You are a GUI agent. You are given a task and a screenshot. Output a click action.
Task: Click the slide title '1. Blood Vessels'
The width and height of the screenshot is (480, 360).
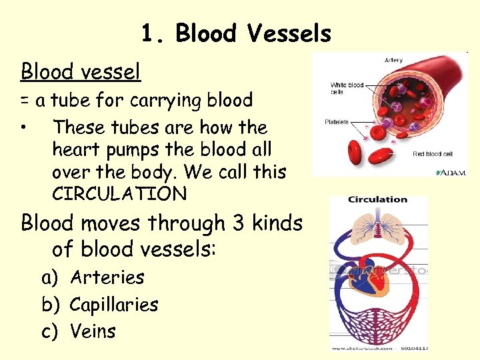point(236,34)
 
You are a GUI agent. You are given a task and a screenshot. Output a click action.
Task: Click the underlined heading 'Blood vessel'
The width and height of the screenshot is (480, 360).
point(81,70)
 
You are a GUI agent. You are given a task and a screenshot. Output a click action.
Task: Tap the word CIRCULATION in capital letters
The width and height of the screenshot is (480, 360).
point(119,194)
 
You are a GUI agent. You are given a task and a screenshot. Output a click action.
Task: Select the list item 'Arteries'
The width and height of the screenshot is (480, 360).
point(107,277)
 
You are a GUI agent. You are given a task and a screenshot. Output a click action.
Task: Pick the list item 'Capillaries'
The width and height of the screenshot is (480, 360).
point(113,304)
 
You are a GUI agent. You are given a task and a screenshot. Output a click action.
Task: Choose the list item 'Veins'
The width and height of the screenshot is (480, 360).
point(93,331)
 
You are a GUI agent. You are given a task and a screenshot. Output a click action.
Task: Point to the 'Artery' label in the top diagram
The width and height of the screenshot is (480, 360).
point(393,61)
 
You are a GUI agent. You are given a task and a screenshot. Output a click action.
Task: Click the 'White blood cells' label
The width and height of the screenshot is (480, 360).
point(347,88)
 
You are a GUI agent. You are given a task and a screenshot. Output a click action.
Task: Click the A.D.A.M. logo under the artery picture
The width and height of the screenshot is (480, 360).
point(451,172)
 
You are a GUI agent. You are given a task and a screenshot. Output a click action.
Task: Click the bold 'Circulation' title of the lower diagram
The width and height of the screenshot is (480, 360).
point(377,199)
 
